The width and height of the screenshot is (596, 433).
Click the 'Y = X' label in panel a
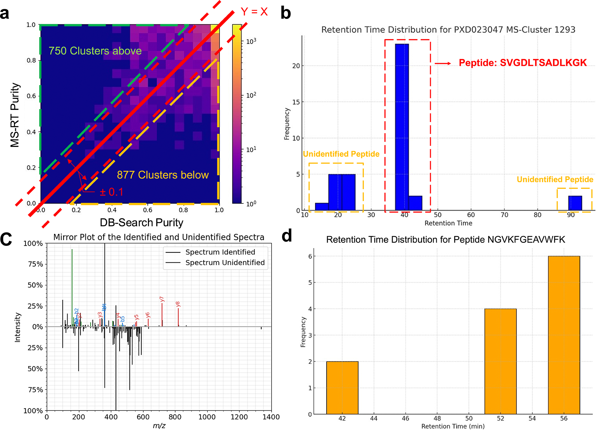254,12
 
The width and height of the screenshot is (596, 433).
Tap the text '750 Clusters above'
95,51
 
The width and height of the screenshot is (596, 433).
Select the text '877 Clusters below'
163,175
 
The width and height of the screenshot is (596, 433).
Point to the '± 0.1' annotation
112,192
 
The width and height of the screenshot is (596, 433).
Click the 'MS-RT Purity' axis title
15,115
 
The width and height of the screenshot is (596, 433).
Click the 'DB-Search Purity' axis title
141,223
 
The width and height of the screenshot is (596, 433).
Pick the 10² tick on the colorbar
251,96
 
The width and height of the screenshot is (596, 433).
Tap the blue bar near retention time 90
575,203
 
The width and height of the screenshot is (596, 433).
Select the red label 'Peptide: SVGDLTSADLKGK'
522,63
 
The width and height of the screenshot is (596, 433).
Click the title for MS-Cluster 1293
448,30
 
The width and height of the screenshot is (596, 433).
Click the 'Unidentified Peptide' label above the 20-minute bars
341,154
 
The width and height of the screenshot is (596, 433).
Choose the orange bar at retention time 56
564,335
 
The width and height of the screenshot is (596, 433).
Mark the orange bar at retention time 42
342,387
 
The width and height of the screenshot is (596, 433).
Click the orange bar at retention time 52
500,361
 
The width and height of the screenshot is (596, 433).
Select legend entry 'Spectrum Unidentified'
225,263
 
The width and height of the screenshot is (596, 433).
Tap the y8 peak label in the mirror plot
178,304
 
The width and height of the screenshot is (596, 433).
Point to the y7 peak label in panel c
162,299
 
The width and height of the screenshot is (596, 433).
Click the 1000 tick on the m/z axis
207,417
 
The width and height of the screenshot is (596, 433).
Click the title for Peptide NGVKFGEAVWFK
445,239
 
